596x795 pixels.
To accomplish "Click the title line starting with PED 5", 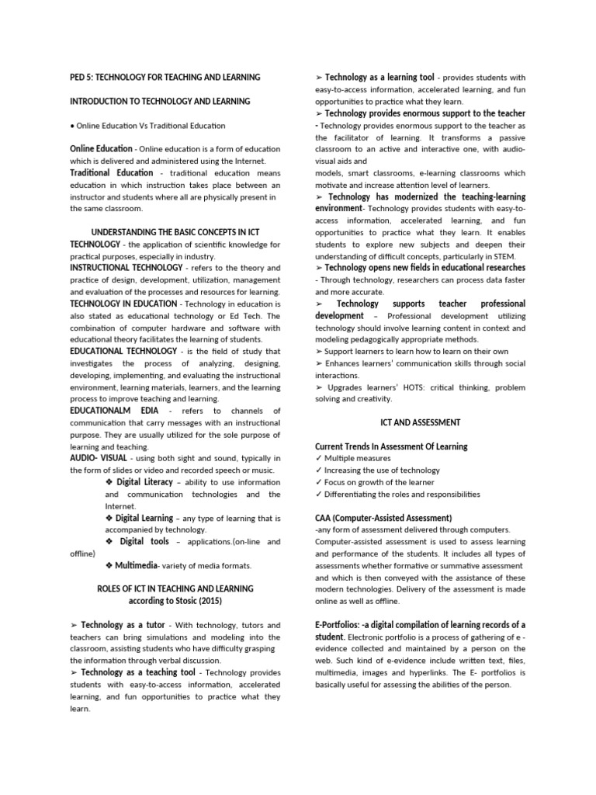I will point(165,77).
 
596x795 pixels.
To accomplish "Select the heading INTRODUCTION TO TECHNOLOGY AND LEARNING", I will point(171,101).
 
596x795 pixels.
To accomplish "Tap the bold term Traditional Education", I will point(101,172).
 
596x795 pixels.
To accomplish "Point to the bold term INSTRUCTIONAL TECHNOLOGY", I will point(126,268).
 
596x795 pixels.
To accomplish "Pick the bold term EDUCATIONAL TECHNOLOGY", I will point(123,351).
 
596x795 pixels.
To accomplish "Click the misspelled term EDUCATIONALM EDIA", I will point(113,411).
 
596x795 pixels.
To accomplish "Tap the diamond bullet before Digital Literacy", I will point(109,482).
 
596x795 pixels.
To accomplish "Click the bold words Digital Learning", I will point(144,517).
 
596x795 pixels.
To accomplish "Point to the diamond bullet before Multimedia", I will point(109,565).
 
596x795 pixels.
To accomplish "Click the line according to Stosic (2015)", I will point(175,601).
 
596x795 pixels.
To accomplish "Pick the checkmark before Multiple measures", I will point(319,459).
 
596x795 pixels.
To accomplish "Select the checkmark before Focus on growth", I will point(319,482).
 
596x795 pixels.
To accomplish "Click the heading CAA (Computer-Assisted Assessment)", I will point(383,518).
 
